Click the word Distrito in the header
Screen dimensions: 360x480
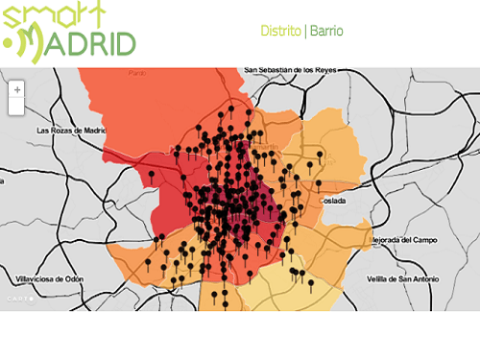click(x=280, y=31)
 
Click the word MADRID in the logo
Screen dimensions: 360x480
click(x=86, y=42)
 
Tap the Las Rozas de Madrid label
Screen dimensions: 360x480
click(x=69, y=130)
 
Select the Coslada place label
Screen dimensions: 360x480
click(x=334, y=201)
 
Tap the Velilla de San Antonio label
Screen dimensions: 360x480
click(x=403, y=278)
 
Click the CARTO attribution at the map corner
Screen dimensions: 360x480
click(x=18, y=299)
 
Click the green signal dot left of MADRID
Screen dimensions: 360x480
click(x=11, y=43)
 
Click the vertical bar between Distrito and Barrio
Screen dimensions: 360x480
click(x=304, y=31)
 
